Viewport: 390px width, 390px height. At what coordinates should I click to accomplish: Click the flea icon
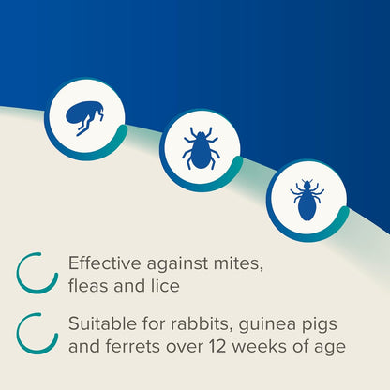pyautogui.click(x=85, y=118)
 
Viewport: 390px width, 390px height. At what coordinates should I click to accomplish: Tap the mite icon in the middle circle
pyautogui.click(x=200, y=149)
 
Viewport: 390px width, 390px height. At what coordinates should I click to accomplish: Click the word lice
pyautogui.click(x=161, y=285)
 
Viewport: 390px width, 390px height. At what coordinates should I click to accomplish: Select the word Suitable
pyautogui.click(x=99, y=323)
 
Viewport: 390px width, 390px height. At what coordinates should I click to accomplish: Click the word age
pyautogui.click(x=327, y=348)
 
